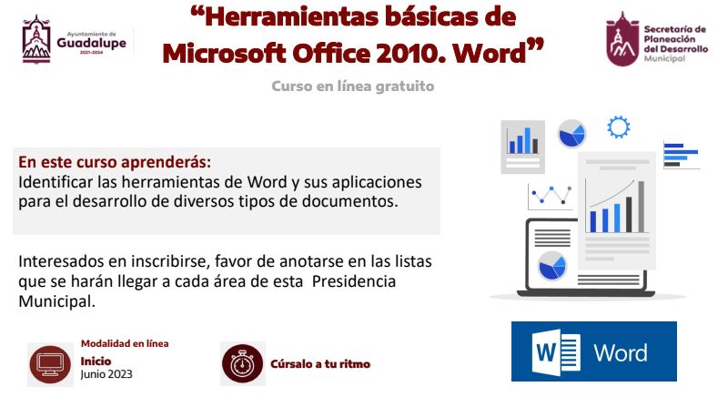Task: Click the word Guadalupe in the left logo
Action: coord(92,43)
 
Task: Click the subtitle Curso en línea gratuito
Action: coord(353,86)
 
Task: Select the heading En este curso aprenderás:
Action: coord(115,162)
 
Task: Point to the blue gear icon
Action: coord(619,127)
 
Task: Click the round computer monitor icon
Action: coord(50,365)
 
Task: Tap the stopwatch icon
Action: coord(242,364)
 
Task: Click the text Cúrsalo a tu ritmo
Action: coord(320,364)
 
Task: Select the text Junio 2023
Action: coord(106,374)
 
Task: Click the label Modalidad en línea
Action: coord(125,344)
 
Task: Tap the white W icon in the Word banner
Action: coord(556,351)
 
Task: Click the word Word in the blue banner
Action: coord(621,353)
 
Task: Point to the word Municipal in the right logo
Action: coord(664,58)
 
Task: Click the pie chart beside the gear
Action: coord(571,133)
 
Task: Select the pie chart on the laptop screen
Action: coord(552,266)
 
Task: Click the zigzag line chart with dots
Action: coord(551,196)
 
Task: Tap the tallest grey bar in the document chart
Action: coord(642,207)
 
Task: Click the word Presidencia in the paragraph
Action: coord(354,281)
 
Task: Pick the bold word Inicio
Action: coord(96,361)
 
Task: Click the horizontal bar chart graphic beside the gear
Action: coord(681,155)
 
